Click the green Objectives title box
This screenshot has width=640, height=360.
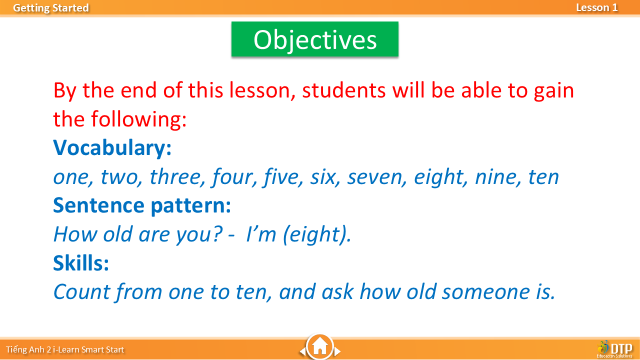coord(315,39)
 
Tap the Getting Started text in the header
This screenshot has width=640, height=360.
coord(51,8)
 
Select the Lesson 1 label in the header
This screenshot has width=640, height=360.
coord(597,7)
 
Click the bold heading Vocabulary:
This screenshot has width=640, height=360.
coord(112,148)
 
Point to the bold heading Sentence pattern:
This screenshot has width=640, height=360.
coord(142,205)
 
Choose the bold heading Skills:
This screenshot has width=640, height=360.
coord(81,263)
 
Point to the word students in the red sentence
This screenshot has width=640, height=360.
coord(344,90)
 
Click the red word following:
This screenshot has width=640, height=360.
coord(139,119)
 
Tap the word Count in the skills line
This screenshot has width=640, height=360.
coord(81,291)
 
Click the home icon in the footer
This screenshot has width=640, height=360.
coord(319,346)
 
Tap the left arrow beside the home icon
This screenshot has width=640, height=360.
coord(302,351)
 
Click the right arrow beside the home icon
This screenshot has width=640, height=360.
coord(337,351)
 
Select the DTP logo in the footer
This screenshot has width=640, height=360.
coord(614,348)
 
